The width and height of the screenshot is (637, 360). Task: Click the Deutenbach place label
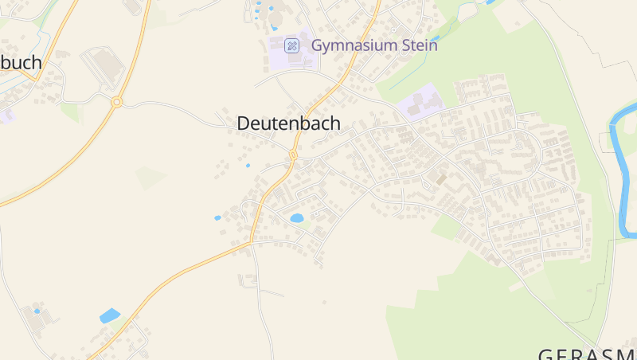[x=288, y=123]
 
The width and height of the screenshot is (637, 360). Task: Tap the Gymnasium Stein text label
[x=373, y=45]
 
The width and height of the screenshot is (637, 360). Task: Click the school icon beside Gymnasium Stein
[x=292, y=45]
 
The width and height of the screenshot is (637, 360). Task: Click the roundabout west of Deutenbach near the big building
[x=116, y=102]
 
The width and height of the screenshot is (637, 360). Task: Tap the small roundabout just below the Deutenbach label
[x=293, y=154]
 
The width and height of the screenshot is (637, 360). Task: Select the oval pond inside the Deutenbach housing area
[x=297, y=217]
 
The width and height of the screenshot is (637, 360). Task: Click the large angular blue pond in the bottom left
[x=110, y=315]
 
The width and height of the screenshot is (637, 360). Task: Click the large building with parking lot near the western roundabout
[x=104, y=67]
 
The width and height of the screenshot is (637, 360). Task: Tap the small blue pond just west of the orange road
[x=217, y=217]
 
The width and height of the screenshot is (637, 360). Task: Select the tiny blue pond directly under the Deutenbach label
[x=248, y=165]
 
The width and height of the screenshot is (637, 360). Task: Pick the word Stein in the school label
[x=420, y=45]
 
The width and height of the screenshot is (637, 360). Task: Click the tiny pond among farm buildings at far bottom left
[x=36, y=311]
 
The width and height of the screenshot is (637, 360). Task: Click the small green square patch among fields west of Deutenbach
[x=150, y=177]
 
